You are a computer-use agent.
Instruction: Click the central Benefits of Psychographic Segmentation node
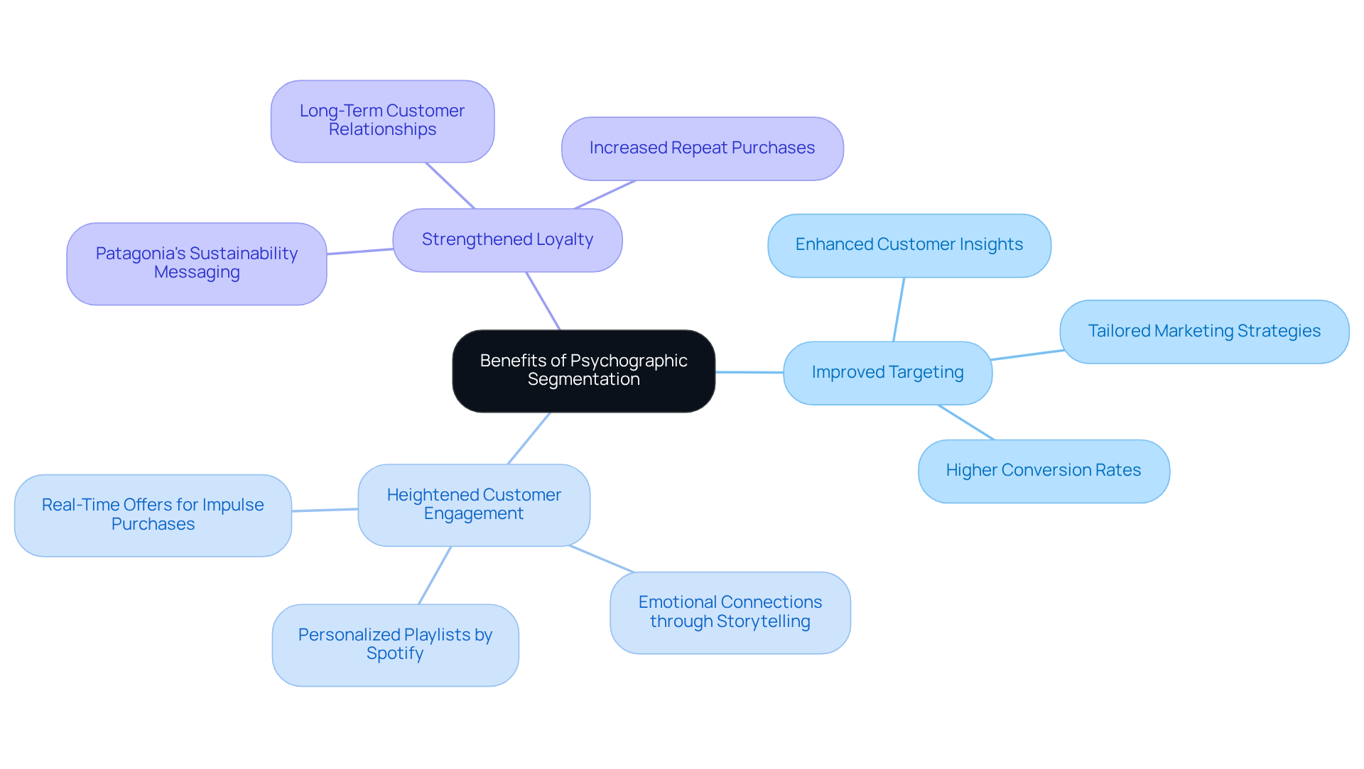[x=583, y=371]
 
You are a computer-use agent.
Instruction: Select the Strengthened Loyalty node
[x=507, y=240]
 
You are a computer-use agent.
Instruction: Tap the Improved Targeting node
[x=887, y=373]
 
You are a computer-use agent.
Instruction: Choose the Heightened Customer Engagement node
[x=474, y=505]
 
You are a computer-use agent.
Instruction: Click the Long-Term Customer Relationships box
[x=382, y=121]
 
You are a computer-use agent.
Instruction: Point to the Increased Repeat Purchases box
[x=702, y=148]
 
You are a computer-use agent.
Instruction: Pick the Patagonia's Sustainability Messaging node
[x=197, y=263]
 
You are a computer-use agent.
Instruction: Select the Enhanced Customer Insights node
[x=909, y=245]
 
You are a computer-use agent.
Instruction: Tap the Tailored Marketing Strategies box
[x=1204, y=332]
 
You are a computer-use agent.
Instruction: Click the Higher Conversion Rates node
[x=1043, y=471]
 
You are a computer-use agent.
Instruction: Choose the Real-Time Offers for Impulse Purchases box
[x=153, y=515]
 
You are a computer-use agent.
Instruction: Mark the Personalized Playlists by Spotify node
[x=395, y=645]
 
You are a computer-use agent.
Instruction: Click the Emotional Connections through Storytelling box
[x=730, y=612]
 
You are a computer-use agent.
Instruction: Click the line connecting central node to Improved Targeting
[x=749, y=372]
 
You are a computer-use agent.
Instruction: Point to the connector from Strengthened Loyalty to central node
[x=543, y=301]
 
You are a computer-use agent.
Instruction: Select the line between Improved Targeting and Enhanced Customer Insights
[x=899, y=310]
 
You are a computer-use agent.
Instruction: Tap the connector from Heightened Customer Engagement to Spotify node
[x=435, y=575]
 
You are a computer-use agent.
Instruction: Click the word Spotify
[x=395, y=654]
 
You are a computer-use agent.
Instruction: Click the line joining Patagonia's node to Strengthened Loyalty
[x=359, y=251]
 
